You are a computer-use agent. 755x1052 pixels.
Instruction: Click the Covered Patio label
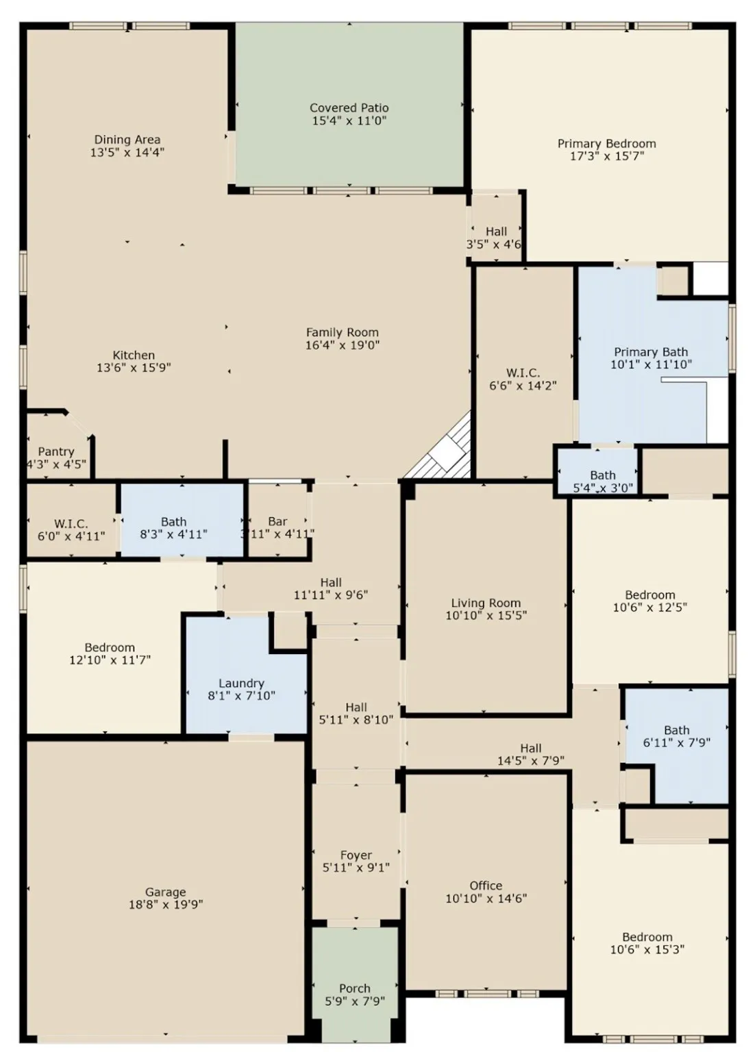pyautogui.click(x=349, y=108)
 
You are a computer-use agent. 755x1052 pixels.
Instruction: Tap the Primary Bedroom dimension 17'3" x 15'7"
pyautogui.click(x=606, y=156)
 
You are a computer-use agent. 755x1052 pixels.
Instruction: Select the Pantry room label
pyautogui.click(x=55, y=452)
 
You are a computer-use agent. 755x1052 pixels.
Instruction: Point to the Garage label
pyautogui.click(x=165, y=892)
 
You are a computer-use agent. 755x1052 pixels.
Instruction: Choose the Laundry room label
pyautogui.click(x=241, y=684)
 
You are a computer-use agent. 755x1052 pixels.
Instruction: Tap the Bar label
pyautogui.click(x=277, y=522)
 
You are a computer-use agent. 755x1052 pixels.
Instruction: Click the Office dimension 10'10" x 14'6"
pyautogui.click(x=486, y=899)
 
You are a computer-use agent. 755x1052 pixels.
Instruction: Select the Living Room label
pyautogui.click(x=486, y=603)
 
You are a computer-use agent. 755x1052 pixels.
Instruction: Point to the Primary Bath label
pyautogui.click(x=651, y=352)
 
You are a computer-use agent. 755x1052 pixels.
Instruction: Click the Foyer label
pyautogui.click(x=356, y=855)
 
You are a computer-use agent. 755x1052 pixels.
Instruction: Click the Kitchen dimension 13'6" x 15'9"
pyautogui.click(x=134, y=368)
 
